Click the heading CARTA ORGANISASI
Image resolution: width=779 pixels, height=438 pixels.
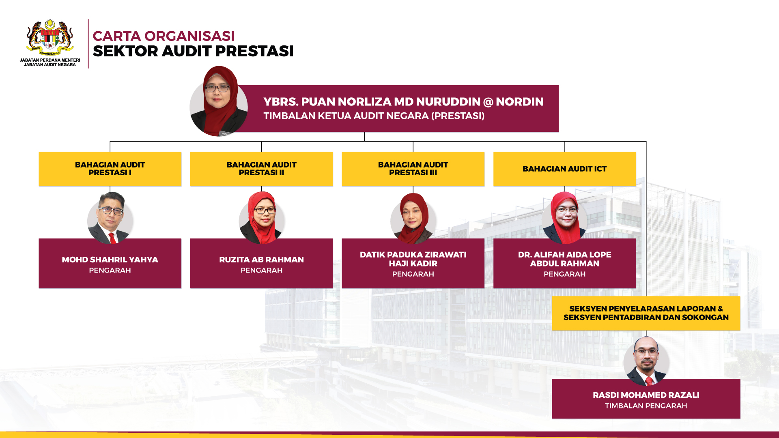coord(164,36)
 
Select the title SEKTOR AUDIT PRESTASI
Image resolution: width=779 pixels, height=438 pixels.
coord(193,51)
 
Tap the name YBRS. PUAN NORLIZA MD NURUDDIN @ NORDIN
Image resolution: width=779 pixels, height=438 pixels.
coord(404,102)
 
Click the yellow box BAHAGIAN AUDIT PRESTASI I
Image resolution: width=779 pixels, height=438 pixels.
coord(110,169)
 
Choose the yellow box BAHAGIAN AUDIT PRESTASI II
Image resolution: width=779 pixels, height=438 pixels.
coord(262,169)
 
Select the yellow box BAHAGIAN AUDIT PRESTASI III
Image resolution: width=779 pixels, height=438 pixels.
coord(413,169)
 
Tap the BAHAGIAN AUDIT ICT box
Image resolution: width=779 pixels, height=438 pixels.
coord(565,169)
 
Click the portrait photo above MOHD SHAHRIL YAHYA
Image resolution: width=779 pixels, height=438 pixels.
coord(110,218)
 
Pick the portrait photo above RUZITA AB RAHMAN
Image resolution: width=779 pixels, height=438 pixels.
coord(262,218)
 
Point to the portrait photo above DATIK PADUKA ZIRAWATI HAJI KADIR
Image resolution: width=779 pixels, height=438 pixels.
coord(413,218)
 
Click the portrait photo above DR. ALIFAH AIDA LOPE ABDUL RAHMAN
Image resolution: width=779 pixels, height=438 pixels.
coord(565,218)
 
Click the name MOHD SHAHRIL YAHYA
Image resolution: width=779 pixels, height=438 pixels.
coord(110,260)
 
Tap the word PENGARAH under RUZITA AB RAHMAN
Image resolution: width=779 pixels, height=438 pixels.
coord(262,271)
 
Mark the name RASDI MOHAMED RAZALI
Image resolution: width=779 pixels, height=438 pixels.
coord(646,395)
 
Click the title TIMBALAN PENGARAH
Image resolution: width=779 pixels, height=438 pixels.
coord(646,406)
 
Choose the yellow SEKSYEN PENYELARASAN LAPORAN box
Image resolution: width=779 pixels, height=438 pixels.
coord(646,313)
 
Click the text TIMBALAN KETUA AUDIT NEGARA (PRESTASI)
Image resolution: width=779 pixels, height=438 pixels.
coord(374,116)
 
